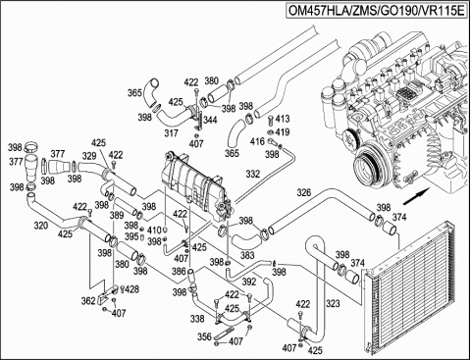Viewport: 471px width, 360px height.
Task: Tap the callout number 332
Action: click(253, 174)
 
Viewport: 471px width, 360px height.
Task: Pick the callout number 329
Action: click(89, 156)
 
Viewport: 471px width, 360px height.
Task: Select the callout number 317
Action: click(171, 133)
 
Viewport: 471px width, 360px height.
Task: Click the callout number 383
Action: click(248, 254)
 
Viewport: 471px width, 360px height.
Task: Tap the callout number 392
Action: click(249, 281)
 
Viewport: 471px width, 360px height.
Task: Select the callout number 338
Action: click(196, 319)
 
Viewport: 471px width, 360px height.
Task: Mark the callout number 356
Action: click(204, 337)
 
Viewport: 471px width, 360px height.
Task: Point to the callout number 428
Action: click(131, 290)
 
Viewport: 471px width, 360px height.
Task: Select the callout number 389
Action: click(116, 215)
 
